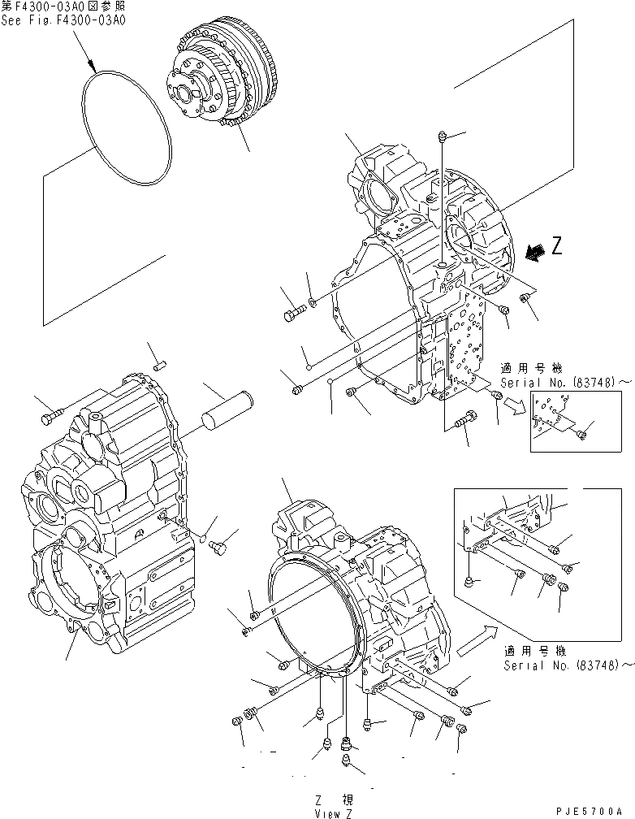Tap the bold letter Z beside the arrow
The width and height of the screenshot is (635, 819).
click(556, 247)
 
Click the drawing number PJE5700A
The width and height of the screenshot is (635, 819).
click(596, 811)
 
